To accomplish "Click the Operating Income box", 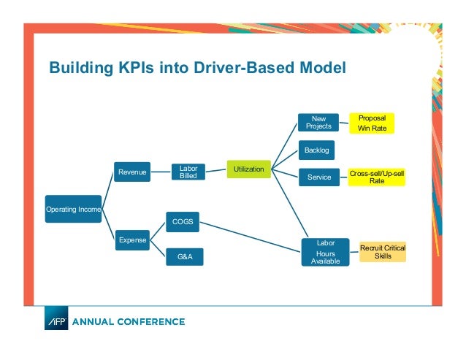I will click(74, 209).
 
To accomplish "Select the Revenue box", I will click(133, 172).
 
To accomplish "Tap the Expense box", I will click(133, 239).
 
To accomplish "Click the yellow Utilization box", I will click(249, 169).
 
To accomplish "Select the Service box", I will click(319, 177).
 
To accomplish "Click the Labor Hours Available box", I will click(321, 252).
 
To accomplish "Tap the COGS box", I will click(183, 221).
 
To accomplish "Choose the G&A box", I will click(184, 256).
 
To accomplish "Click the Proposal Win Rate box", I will click(372, 123).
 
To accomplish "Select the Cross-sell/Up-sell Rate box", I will click(377, 177).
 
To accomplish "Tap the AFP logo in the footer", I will click(56, 321).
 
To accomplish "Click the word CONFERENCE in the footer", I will click(151, 321).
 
